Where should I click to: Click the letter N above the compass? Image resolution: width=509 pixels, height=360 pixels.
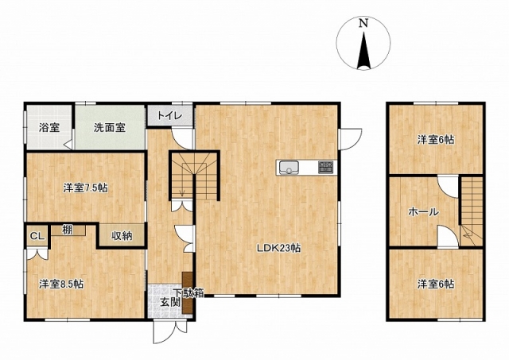[363, 23]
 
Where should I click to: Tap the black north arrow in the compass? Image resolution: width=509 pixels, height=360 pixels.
[363, 51]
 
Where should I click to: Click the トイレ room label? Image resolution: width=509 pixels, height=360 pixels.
[169, 115]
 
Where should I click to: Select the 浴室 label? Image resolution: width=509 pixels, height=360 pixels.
[49, 127]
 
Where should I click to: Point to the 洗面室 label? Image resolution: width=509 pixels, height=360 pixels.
[110, 127]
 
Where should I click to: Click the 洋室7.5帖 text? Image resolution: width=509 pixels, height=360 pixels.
[85, 188]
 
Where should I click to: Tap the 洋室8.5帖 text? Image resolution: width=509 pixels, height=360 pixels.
[61, 285]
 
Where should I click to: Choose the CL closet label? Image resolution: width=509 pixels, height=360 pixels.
[37, 236]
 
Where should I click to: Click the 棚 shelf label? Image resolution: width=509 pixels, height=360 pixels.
[68, 230]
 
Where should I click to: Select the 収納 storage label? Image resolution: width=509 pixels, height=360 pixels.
[122, 236]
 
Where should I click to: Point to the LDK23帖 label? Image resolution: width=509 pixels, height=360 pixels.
[278, 248]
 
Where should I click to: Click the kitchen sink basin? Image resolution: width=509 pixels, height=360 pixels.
[289, 168]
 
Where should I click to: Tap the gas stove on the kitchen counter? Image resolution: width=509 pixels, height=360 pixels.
[325, 168]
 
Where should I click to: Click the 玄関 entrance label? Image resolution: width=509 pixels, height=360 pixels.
[170, 302]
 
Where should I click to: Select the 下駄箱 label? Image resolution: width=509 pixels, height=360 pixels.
[188, 293]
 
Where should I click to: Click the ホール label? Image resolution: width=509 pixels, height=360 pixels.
[423, 212]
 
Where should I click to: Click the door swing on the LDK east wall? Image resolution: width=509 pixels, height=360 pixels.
[351, 139]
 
